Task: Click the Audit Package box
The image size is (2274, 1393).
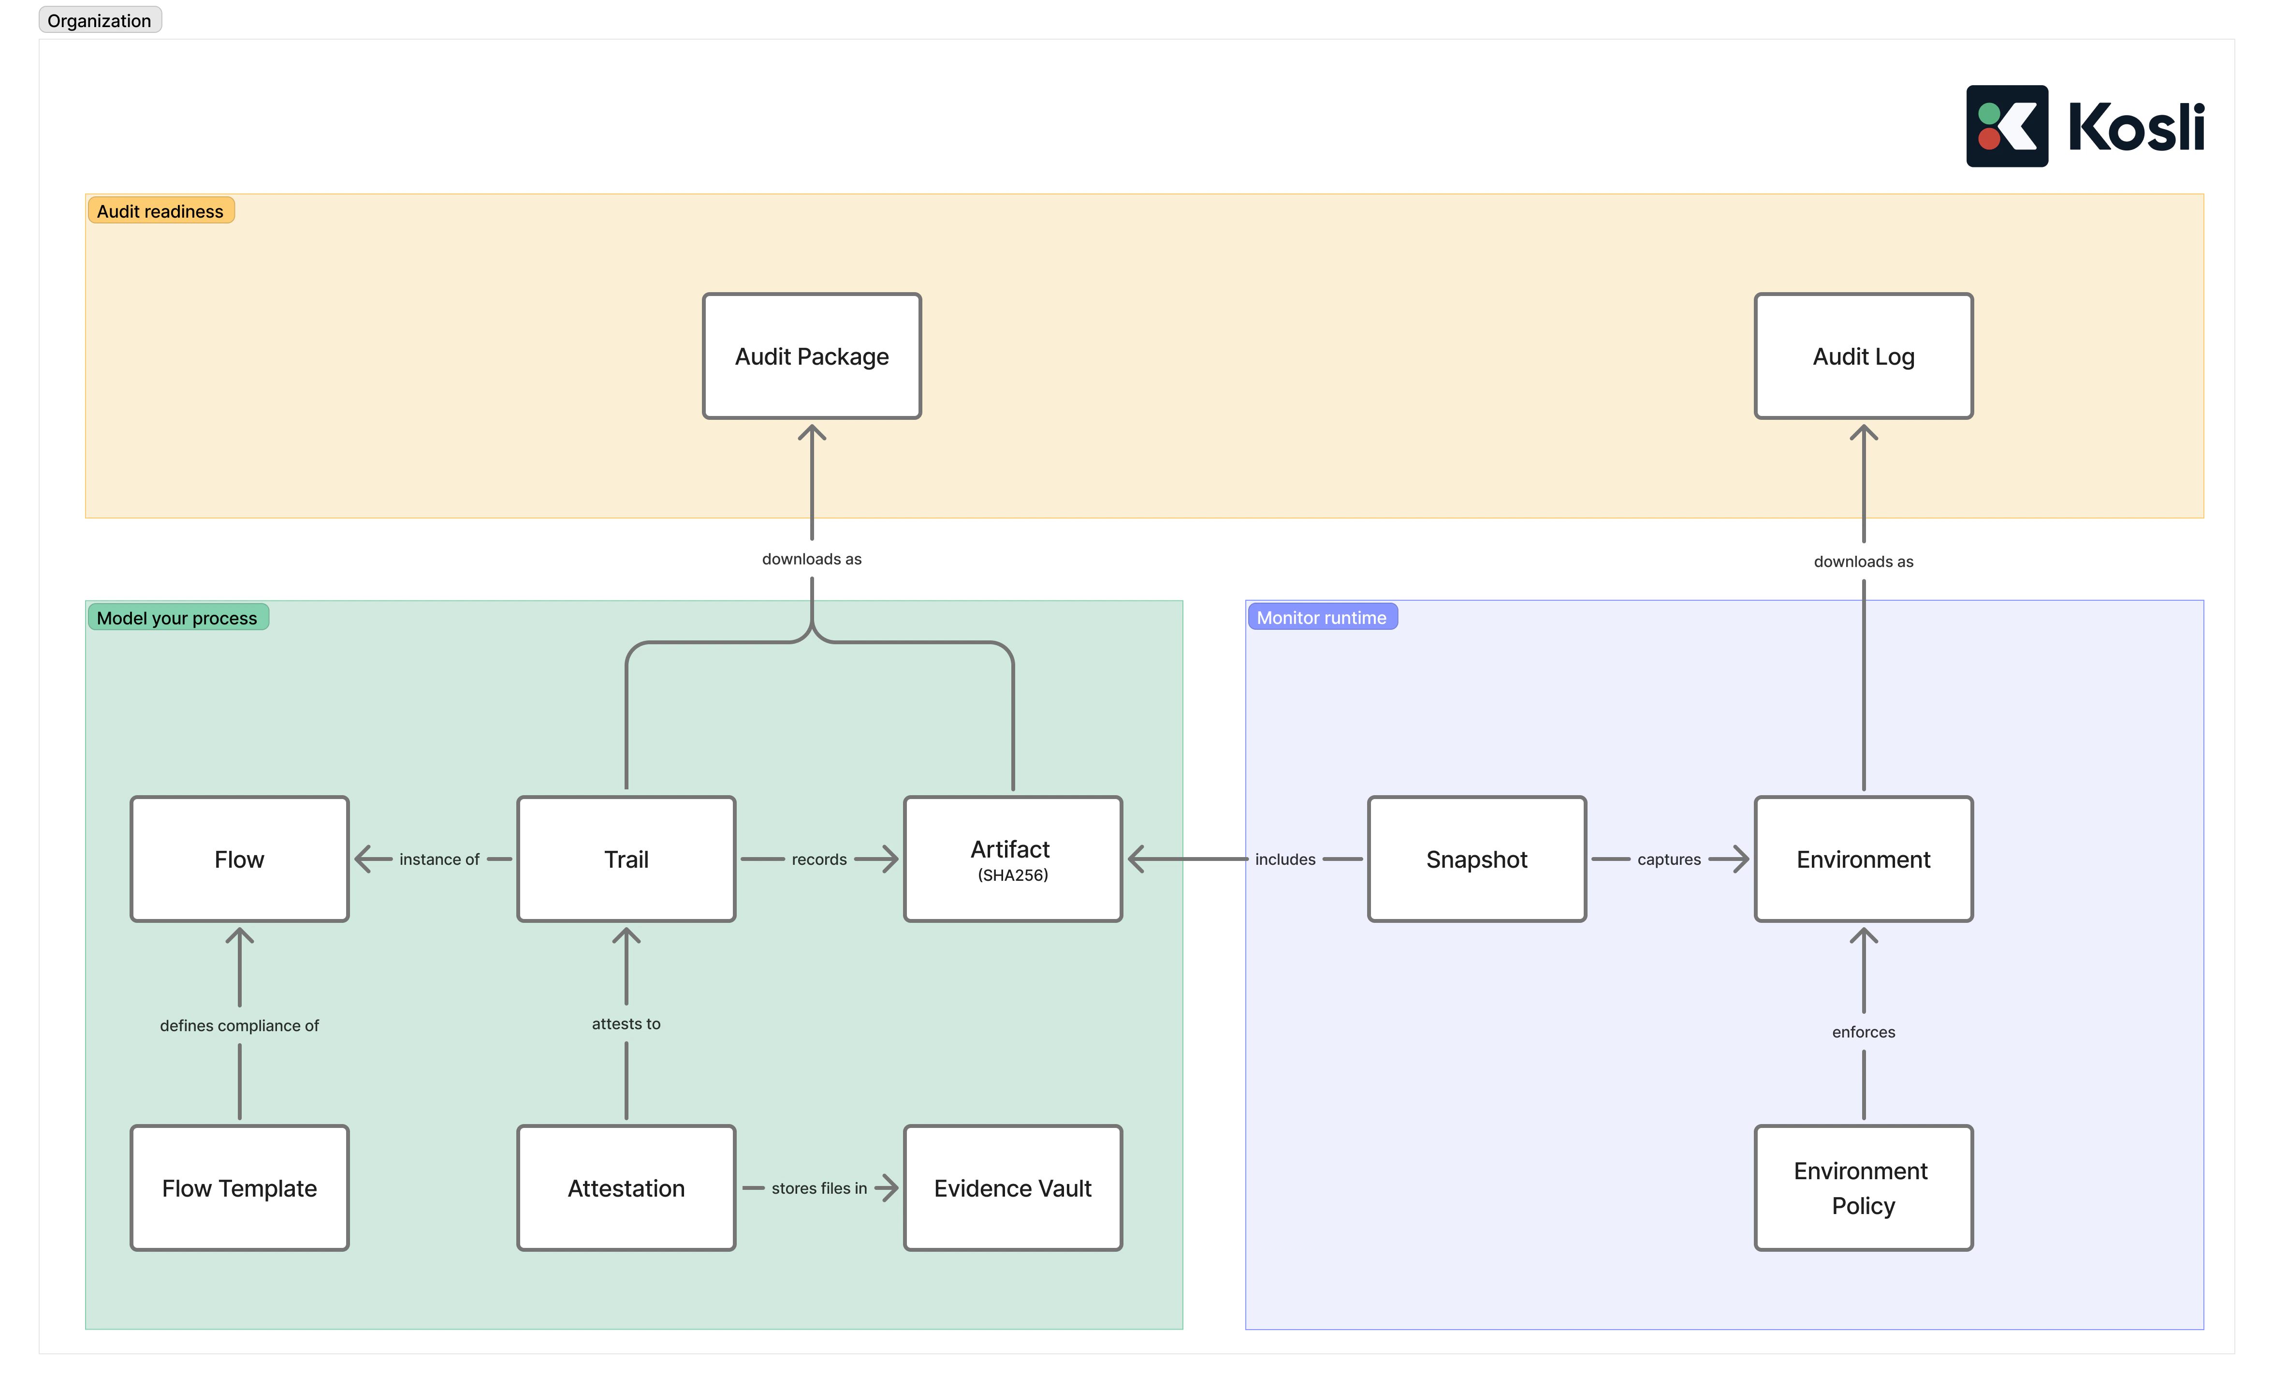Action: [x=811, y=356]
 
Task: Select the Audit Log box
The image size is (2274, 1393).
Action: [x=1863, y=356]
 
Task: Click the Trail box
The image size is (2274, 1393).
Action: [x=626, y=859]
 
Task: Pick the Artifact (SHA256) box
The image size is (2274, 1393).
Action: [x=1012, y=859]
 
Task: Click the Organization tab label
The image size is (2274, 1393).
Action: [x=100, y=20]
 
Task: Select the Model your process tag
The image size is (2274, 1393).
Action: [x=177, y=618]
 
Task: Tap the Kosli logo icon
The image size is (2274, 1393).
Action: [x=2006, y=126]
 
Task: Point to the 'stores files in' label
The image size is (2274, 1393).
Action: [x=818, y=1188]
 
